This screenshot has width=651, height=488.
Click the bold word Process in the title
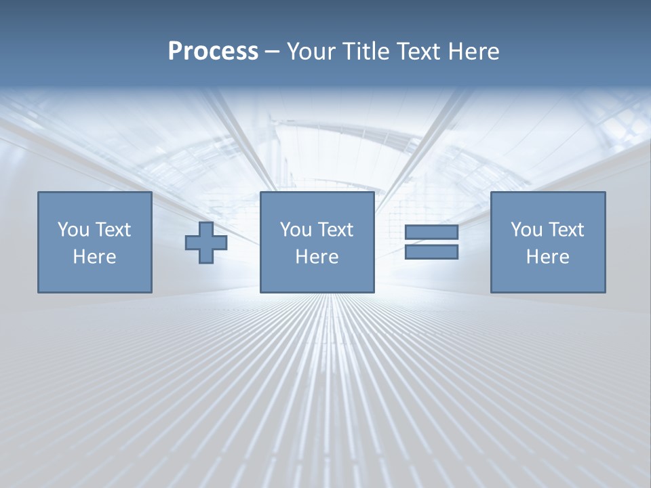(213, 52)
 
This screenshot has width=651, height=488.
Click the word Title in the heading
(365, 52)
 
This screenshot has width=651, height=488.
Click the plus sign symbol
(206, 242)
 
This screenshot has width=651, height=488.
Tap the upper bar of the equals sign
(431, 232)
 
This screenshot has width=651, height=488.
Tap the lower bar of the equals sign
(431, 252)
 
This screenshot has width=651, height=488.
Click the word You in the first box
(73, 230)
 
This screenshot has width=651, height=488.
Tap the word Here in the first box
(95, 257)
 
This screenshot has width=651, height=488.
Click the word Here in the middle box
(317, 257)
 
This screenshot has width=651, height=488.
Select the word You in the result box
(526, 230)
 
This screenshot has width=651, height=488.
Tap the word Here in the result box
(547, 257)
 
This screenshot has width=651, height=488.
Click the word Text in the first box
(113, 230)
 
